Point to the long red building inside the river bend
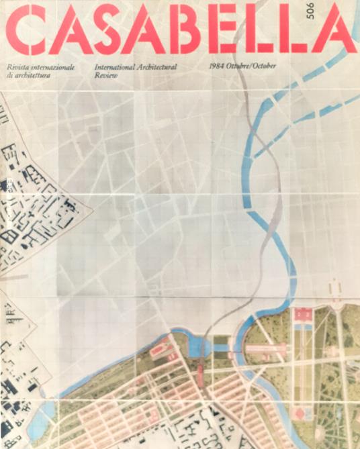click(267, 348)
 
